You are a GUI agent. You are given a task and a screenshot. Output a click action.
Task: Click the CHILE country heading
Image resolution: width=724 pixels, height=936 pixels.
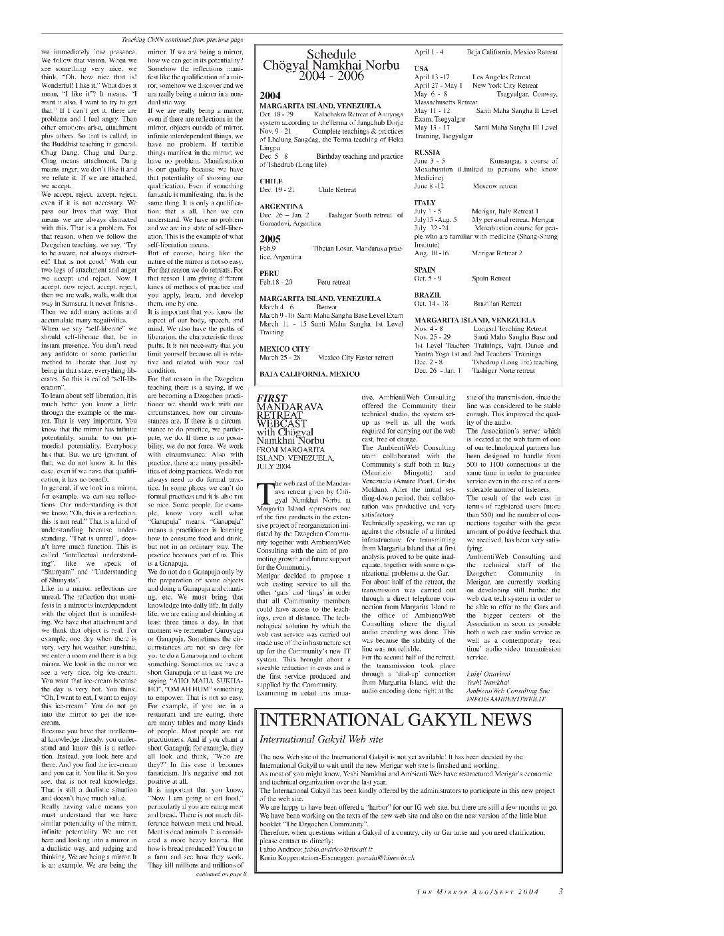[x=271, y=181]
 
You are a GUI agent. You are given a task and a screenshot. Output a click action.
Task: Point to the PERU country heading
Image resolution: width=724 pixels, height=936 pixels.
[x=269, y=273]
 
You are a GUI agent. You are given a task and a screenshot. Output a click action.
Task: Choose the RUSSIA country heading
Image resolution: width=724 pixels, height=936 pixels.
[x=427, y=152]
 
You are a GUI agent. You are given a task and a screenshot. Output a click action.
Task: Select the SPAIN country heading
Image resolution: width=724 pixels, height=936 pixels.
[x=425, y=270]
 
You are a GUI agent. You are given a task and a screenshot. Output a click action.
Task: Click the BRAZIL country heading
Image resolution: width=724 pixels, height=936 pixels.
[x=427, y=294]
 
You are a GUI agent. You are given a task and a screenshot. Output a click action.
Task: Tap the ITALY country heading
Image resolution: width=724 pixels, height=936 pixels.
[x=425, y=202]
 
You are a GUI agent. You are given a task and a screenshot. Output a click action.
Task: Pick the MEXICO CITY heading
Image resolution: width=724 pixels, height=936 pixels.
[x=284, y=348]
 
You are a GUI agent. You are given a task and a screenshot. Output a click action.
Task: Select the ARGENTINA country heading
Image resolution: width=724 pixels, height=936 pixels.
[x=281, y=206]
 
